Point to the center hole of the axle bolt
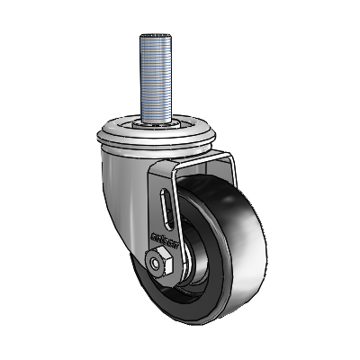157,264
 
